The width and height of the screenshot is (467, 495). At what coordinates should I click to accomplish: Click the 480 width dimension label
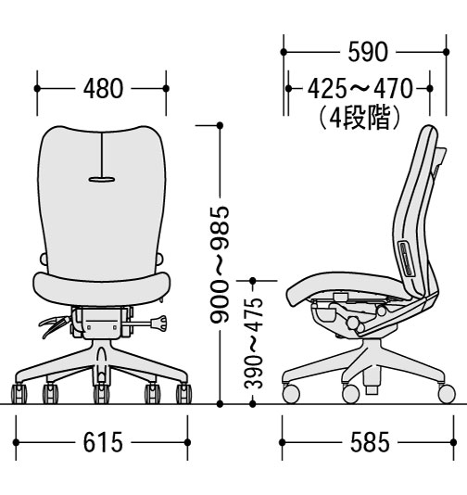pos(103,89)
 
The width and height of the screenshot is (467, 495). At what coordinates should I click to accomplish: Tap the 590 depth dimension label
pos(368,52)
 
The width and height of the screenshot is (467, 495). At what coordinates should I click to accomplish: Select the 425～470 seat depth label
pos(360,89)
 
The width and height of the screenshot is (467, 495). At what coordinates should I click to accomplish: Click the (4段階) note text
pos(360,118)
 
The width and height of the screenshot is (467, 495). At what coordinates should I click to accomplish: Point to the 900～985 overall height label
pos(220,264)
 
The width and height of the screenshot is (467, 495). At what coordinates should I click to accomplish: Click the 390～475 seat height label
pos(253,343)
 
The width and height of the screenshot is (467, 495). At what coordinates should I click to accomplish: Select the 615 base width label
pos(103,442)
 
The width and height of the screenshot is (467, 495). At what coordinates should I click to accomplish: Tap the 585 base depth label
pos(370,442)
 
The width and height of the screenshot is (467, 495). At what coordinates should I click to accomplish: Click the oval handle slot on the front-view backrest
pos(102,180)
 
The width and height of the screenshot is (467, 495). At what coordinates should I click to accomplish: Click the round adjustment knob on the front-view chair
pos(158,323)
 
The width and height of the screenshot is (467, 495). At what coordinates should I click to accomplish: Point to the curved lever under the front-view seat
pos(53,325)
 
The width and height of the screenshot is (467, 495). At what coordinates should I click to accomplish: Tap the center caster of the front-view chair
pos(101,393)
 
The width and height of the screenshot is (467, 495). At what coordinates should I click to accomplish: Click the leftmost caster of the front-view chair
pos(19,393)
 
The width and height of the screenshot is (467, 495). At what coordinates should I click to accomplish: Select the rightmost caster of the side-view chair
pos(447,394)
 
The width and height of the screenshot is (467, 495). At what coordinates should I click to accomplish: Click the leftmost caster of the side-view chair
pos(291,394)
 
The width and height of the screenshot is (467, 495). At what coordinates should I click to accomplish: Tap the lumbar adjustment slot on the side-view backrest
pos(406,259)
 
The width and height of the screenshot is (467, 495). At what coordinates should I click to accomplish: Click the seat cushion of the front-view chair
pos(102,289)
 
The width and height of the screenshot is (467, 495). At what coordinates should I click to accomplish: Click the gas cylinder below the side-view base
pos(372,383)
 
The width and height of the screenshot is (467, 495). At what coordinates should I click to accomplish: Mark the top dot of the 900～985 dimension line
pos(220,126)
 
